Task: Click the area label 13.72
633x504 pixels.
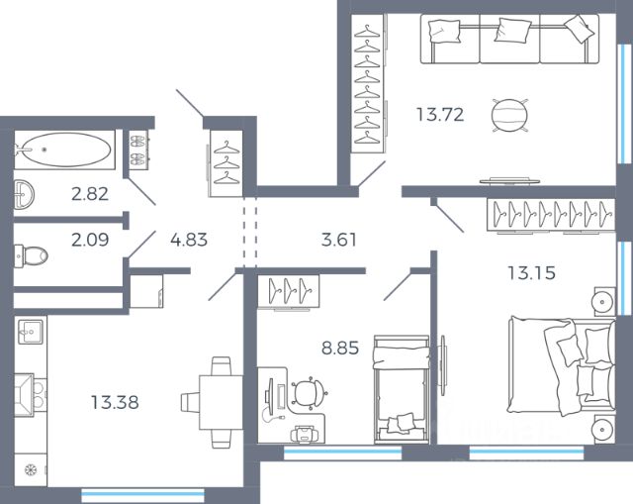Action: pyautogui.click(x=440, y=115)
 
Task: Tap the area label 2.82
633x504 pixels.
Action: pyautogui.click(x=90, y=194)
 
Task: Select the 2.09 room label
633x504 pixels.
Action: pyautogui.click(x=90, y=240)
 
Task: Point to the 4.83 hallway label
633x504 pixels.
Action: pyautogui.click(x=189, y=240)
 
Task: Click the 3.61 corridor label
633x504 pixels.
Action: pyautogui.click(x=339, y=240)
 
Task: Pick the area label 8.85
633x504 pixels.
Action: pyautogui.click(x=340, y=348)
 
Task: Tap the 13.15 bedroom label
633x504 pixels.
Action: pyautogui.click(x=532, y=273)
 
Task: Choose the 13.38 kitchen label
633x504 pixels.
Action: pyautogui.click(x=115, y=403)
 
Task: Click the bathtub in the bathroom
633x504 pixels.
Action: pyautogui.click(x=64, y=150)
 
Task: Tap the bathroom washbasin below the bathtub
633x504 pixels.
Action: pyautogui.click(x=24, y=195)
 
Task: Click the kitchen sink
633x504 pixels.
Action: pyautogui.click(x=31, y=332)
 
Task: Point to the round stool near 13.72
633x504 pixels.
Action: pyautogui.click(x=509, y=116)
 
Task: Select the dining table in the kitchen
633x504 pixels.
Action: pyautogui.click(x=221, y=403)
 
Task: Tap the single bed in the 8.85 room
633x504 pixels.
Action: pyautogui.click(x=402, y=389)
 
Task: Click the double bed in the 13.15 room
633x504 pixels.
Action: pyautogui.click(x=562, y=365)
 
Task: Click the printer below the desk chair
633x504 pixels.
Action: pyautogui.click(x=304, y=434)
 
